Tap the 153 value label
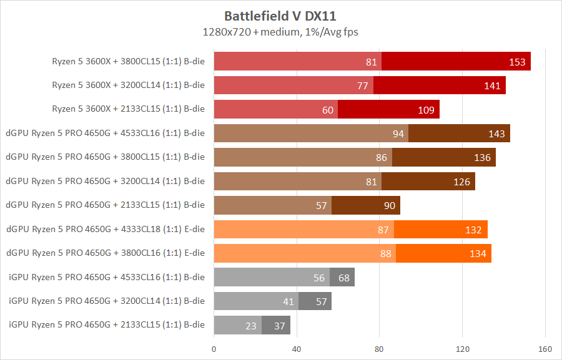tap(518, 62)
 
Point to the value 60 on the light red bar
tap(328, 110)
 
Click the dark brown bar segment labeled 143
tap(459, 134)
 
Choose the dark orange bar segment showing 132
tap(440, 230)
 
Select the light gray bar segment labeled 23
tap(238, 325)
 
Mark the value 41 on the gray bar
tap(288, 301)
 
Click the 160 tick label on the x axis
tap(545, 348)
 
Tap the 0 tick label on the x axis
tap(214, 348)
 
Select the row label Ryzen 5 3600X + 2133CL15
tap(128, 109)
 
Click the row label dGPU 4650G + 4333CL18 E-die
tap(105, 229)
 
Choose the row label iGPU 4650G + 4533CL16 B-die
tap(107, 277)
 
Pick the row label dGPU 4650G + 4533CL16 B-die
tap(105, 133)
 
